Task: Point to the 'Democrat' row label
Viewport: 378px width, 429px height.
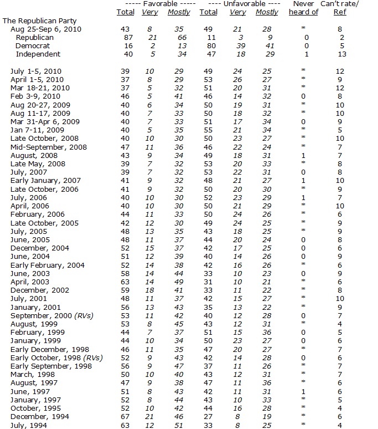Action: (33, 46)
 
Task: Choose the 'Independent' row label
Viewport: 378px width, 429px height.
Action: (38, 54)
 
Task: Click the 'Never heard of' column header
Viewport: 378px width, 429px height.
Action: (305, 8)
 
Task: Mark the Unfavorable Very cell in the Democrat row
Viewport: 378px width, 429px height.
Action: (237, 46)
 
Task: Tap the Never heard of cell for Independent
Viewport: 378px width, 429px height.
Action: (305, 54)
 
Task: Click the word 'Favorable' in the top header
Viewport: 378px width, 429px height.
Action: (151, 4)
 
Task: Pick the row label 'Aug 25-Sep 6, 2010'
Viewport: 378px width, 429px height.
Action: (43, 29)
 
